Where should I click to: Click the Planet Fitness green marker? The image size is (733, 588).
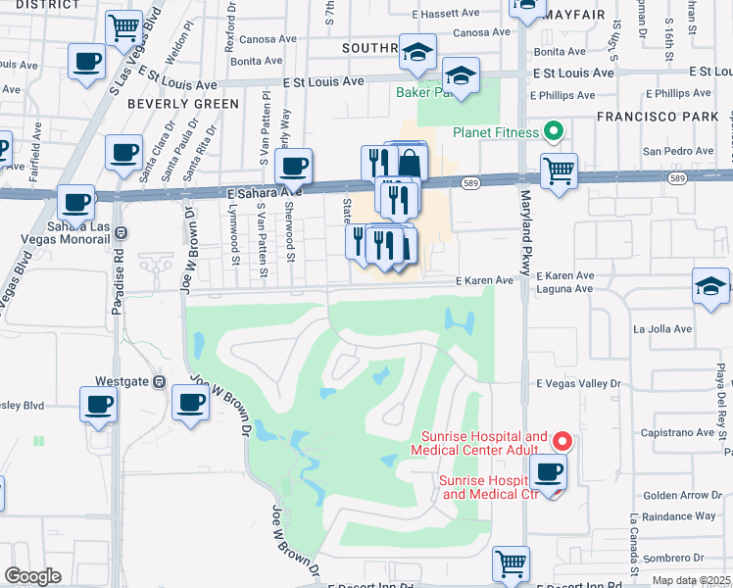coord(553,131)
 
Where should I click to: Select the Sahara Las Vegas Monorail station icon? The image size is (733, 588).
coord(121,233)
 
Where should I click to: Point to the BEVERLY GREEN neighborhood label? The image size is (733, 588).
coord(182,104)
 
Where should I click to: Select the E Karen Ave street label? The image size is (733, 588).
coord(485,280)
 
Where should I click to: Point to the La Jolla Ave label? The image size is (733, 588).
coord(663,329)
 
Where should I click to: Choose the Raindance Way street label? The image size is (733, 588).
coord(678,515)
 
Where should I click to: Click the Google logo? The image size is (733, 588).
coord(32,576)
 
